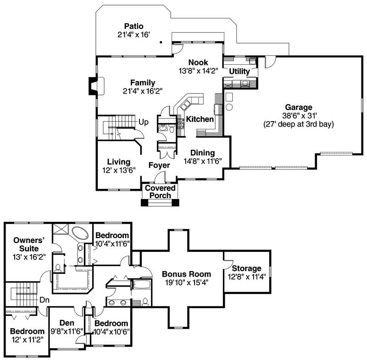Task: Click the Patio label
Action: click(134, 26)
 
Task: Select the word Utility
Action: click(239, 72)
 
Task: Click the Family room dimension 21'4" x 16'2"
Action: click(143, 91)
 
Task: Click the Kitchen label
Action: click(200, 119)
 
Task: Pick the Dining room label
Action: click(203, 153)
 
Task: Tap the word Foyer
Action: click(159, 165)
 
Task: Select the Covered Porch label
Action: click(160, 192)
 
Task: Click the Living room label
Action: click(119, 162)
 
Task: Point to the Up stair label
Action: click(143, 122)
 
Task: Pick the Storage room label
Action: click(246, 268)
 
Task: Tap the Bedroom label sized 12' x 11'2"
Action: click(28, 331)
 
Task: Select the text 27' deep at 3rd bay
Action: click(299, 124)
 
